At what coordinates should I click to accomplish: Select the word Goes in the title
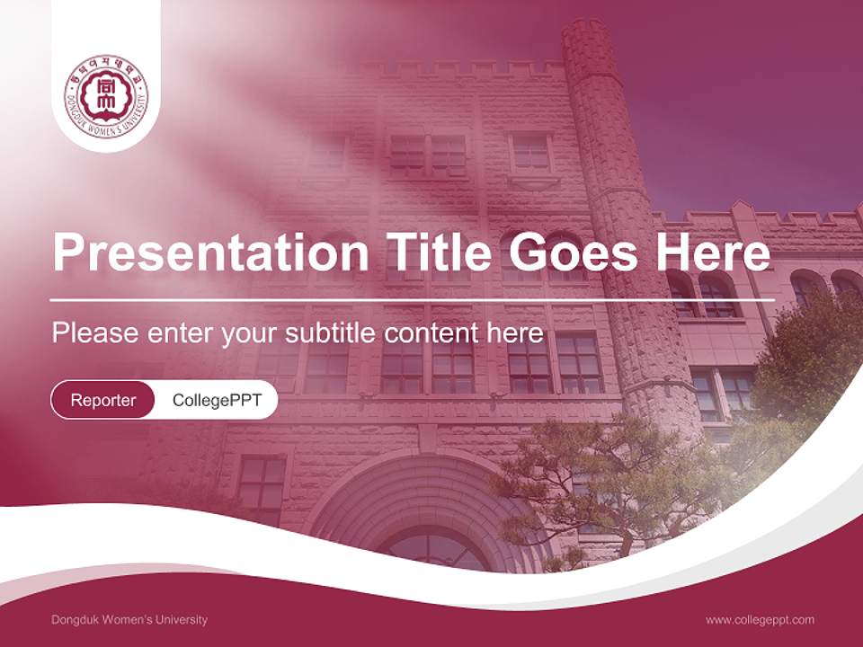[570, 253]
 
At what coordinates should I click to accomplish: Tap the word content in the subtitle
[432, 333]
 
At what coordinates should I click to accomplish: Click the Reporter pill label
[102, 400]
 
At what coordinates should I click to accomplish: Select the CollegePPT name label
[217, 400]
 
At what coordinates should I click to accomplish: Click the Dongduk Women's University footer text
[129, 619]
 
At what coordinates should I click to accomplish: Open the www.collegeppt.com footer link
[760, 619]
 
